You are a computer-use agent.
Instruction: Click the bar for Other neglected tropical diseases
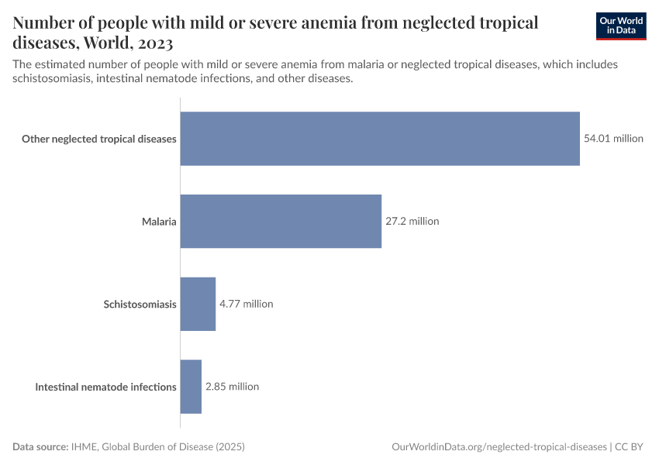pos(380,139)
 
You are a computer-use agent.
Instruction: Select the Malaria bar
pos(281,221)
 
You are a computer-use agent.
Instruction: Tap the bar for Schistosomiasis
pos(198,304)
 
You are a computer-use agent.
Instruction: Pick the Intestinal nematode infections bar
pos(191,386)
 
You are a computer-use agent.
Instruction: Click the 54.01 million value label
pos(613,139)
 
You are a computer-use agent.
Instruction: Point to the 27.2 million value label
pos(412,221)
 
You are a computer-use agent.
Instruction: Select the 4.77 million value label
pos(247,304)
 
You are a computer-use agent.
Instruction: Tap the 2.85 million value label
pos(232,386)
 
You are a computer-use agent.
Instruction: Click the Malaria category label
pos(159,222)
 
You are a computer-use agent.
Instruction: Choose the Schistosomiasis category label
pos(140,305)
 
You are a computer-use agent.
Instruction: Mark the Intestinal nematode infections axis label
pos(106,387)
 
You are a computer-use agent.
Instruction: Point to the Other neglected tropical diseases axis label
pos(99,139)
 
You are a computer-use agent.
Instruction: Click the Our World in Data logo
pos(621,26)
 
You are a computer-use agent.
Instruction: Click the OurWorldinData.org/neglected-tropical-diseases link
pos(499,447)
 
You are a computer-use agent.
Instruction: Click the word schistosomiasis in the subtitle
pos(53,79)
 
